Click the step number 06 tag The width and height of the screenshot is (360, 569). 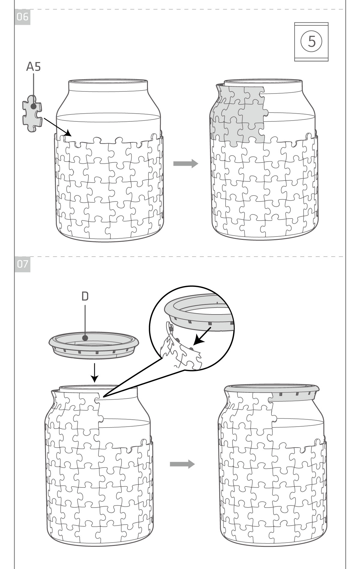22,17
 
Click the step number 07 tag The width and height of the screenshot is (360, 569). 22,264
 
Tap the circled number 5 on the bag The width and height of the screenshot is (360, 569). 311,41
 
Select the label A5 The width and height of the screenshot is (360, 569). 33,67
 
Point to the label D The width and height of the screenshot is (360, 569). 85,296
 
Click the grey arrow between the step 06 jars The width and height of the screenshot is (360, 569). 186,163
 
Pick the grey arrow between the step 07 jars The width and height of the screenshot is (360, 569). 182,464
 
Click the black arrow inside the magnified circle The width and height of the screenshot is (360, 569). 202,336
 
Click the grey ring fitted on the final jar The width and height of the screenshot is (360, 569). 271,389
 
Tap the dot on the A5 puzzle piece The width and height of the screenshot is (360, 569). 34,106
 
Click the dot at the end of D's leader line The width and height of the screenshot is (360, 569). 85,338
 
